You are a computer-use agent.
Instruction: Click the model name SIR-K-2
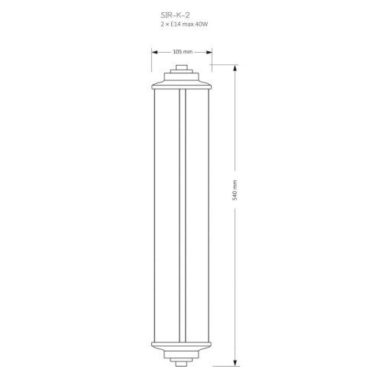pos(175,15)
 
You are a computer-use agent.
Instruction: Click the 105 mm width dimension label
pos(183,52)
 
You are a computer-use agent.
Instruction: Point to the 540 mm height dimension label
pos(235,190)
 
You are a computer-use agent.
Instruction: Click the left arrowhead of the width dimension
pos(155,52)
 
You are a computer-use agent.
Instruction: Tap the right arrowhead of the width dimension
pos(209,52)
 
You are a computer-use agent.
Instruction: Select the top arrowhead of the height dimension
pos(235,68)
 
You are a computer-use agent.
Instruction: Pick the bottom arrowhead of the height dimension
pos(235,363)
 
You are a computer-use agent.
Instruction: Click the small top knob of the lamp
pos(182,67)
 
